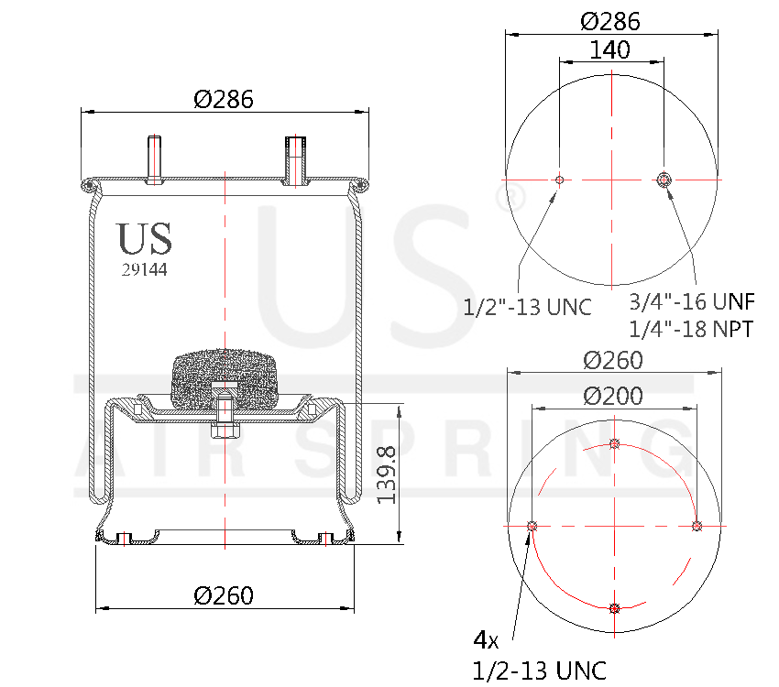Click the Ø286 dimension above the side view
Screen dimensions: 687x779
224,99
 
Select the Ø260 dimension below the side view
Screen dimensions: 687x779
224,595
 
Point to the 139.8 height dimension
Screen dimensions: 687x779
386,474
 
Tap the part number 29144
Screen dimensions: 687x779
144,270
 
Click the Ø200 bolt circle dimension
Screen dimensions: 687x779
613,396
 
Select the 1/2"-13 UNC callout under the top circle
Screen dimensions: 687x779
527,307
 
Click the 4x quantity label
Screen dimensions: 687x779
486,638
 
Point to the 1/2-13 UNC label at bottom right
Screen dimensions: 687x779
539,671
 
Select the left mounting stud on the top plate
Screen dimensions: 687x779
155,159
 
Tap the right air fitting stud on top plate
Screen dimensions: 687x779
295,160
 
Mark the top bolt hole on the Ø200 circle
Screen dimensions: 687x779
614,444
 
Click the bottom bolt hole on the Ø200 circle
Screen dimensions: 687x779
614,608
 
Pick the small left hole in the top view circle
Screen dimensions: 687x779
559,180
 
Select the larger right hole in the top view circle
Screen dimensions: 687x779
664,180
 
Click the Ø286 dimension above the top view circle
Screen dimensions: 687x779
611,21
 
